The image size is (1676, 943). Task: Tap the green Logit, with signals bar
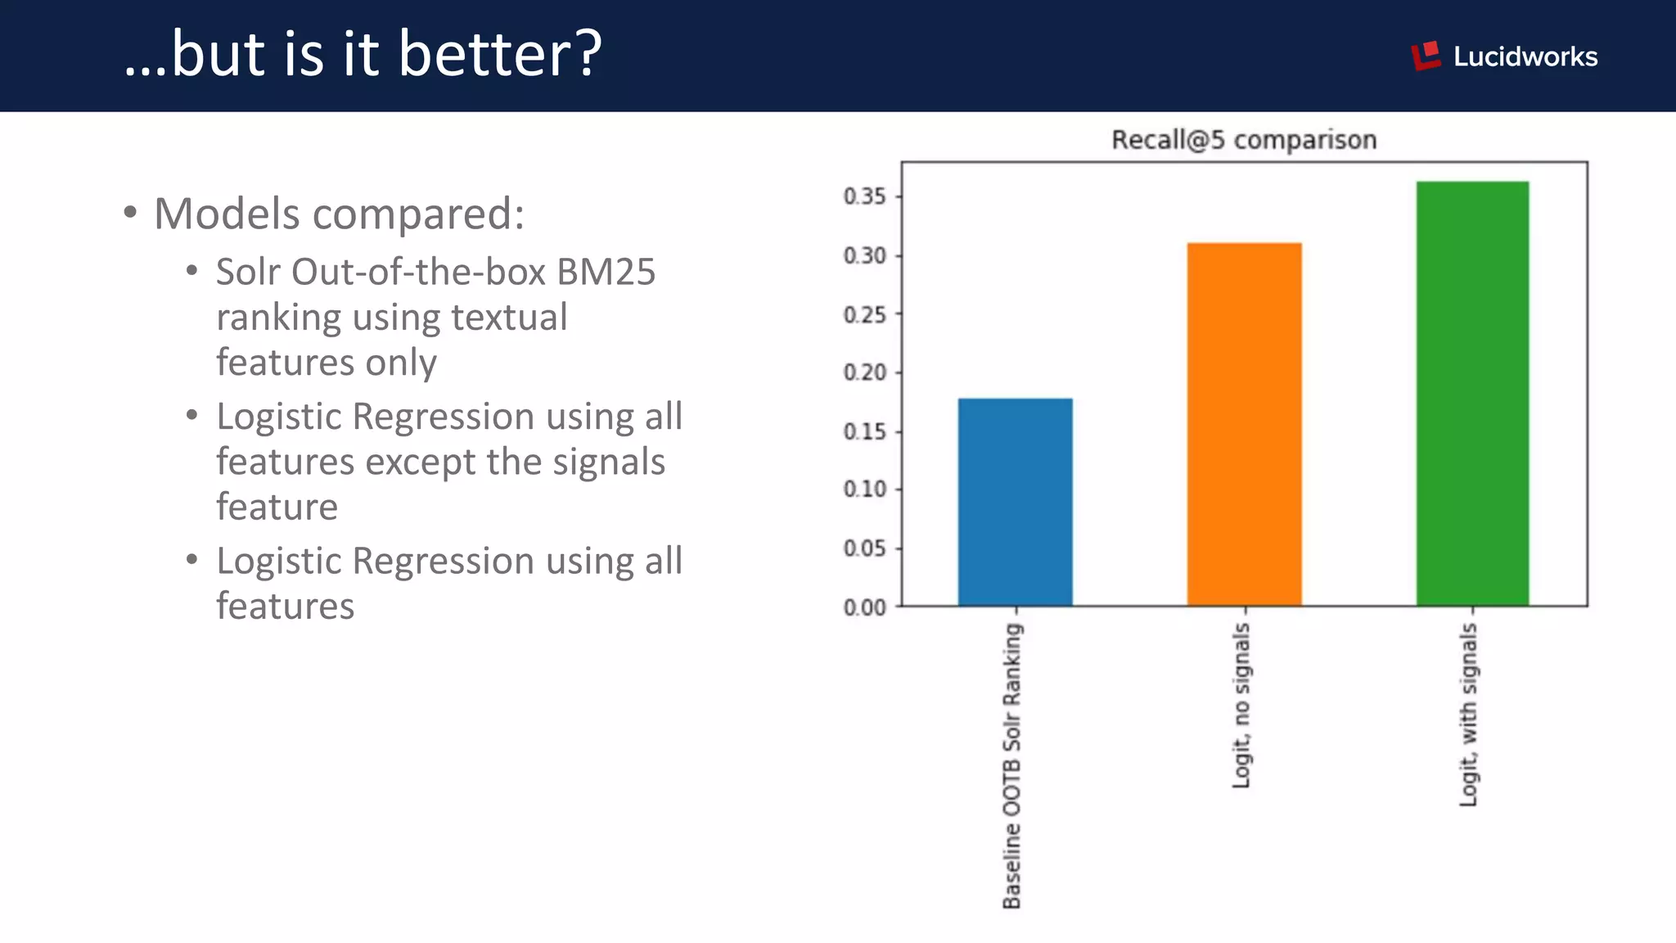tap(1472, 393)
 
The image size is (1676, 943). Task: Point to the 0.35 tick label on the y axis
tap(864, 196)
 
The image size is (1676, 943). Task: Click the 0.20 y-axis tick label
tap(864, 372)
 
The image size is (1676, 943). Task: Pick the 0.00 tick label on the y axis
tap(864, 607)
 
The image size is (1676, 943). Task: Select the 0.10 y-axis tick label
tap(864, 490)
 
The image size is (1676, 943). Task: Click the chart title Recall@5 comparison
tap(1243, 140)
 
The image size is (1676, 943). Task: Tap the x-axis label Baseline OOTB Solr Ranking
tap(1012, 765)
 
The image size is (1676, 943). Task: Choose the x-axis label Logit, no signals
tap(1241, 706)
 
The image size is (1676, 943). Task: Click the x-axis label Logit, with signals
tap(1469, 714)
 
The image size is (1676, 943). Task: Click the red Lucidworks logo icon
tap(1426, 56)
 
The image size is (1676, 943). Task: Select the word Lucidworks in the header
tap(1525, 56)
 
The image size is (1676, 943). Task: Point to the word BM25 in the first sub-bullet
tap(606, 272)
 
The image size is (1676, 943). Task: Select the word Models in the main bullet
tap(227, 214)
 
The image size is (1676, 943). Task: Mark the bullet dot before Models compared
tap(130, 213)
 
